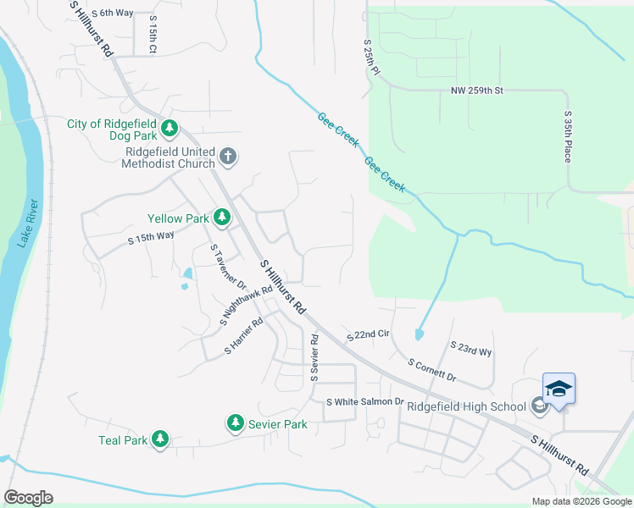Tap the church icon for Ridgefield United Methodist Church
(226, 157)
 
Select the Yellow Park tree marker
(222, 218)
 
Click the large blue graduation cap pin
(559, 389)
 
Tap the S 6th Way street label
(113, 13)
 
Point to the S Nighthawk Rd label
(247, 306)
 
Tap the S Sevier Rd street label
(314, 356)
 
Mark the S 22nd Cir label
(367, 336)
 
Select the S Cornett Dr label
(431, 370)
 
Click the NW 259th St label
(477, 90)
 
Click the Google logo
(29, 498)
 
